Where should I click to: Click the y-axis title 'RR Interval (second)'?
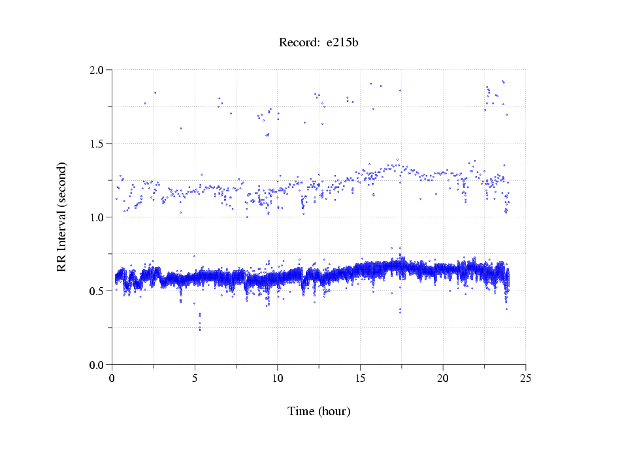pyautogui.click(x=61, y=217)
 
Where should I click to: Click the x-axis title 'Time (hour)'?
pyautogui.click(x=319, y=411)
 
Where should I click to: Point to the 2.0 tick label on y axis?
pyautogui.click(x=99, y=70)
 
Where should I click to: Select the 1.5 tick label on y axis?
pyautogui.click(x=99, y=144)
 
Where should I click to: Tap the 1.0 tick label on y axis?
pyautogui.click(x=99, y=217)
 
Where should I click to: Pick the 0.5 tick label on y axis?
pyautogui.click(x=99, y=291)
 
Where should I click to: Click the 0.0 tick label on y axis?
pyautogui.click(x=99, y=365)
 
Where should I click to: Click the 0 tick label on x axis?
pyautogui.click(x=112, y=378)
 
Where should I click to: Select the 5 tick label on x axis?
pyautogui.click(x=195, y=378)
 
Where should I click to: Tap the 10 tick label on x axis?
pyautogui.click(x=278, y=378)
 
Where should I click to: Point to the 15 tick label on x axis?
pyautogui.click(x=360, y=378)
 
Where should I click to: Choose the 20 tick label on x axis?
pyautogui.click(x=443, y=378)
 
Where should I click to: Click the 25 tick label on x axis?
pyautogui.click(x=525, y=378)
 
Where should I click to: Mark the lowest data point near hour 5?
pyautogui.click(x=200, y=330)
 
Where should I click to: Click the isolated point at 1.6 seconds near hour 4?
pyautogui.click(x=181, y=129)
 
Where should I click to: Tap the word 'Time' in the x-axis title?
pyautogui.click(x=301, y=411)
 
